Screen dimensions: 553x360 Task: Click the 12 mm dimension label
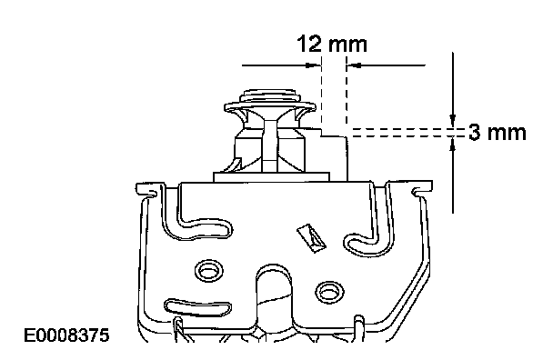click(332, 44)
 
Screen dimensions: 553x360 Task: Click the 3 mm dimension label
click(498, 133)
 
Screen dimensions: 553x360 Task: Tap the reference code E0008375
click(66, 335)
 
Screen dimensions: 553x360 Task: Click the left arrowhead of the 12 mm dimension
click(313, 65)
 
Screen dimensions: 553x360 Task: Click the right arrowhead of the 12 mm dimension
click(355, 65)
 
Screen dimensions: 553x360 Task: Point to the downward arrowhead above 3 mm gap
click(453, 121)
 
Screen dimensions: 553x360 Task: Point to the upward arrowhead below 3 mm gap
click(453, 144)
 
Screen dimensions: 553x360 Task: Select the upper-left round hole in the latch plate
click(209, 270)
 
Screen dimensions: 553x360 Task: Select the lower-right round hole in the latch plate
click(329, 291)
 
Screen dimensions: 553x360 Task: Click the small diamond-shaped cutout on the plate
click(311, 238)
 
